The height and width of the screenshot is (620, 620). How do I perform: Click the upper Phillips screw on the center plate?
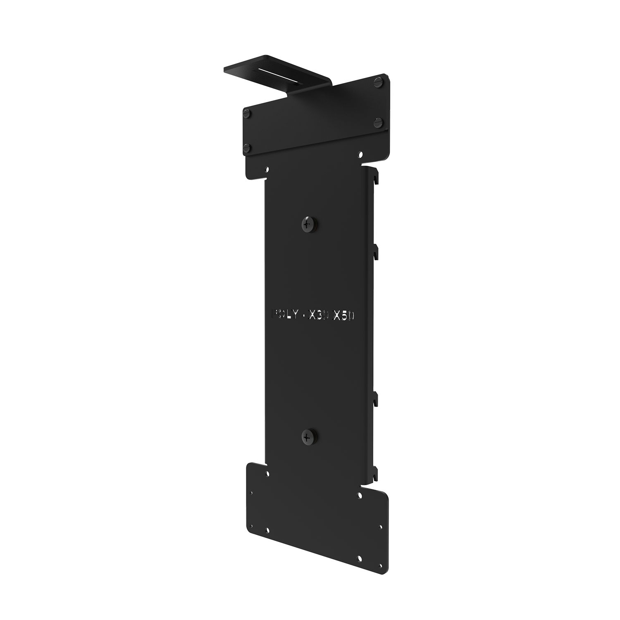(307, 224)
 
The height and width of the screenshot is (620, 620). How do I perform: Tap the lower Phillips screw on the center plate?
(307, 435)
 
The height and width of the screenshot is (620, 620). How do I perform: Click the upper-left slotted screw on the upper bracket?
(247, 113)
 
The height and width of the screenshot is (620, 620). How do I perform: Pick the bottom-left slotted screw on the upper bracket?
(248, 147)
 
